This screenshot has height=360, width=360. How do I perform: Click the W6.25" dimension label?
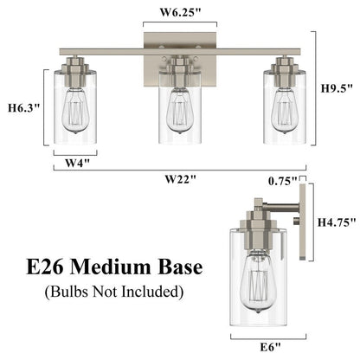pos(180,12)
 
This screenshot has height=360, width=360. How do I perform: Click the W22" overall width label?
pos(181,180)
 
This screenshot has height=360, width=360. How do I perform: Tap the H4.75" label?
pos(338,222)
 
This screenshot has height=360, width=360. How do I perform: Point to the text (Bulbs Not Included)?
pos(115,292)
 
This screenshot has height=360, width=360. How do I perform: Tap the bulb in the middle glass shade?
pos(179,108)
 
